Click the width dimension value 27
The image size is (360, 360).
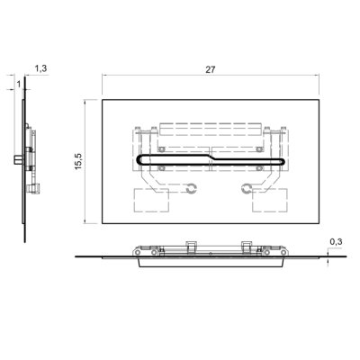pyautogui.click(x=211, y=69)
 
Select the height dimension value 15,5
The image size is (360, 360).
pyautogui.click(x=78, y=161)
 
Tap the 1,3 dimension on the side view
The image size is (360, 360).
pyautogui.click(x=40, y=68)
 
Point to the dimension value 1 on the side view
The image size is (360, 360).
pyautogui.click(x=19, y=85)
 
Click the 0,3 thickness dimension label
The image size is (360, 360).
pyautogui.click(x=336, y=242)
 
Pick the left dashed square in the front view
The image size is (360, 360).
pyautogui.click(x=151, y=200)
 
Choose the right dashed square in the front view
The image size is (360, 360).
pyautogui.click(x=270, y=200)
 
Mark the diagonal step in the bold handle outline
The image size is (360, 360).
pyautogui.click(x=211, y=157)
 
